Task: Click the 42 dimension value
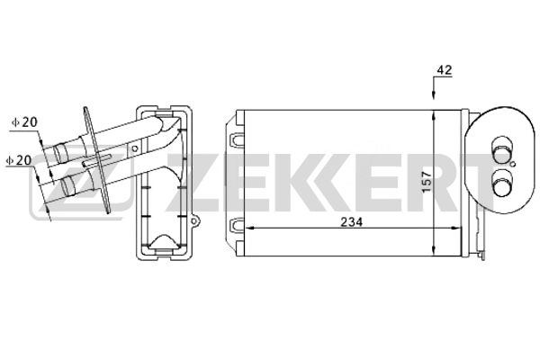(445, 70)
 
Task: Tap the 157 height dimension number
(427, 182)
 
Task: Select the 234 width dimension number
(352, 222)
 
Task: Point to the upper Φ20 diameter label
(25, 122)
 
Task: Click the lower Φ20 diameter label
(19, 160)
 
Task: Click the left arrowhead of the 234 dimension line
(249, 228)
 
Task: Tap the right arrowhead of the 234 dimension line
(456, 228)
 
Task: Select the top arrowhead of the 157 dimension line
(435, 115)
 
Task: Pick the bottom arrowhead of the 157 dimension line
(435, 251)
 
